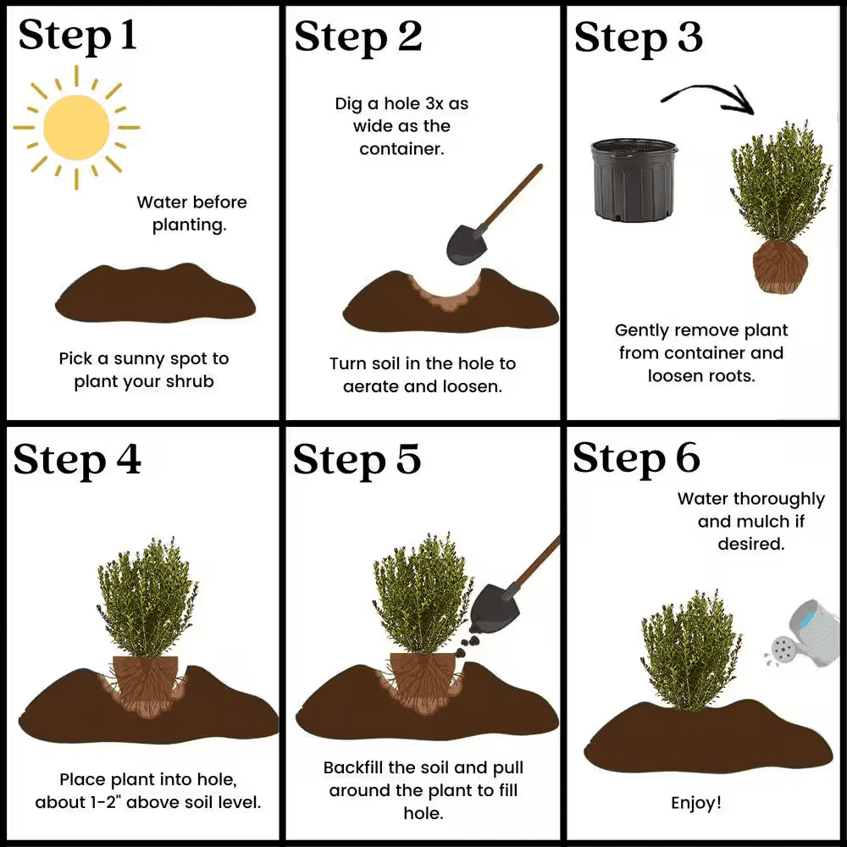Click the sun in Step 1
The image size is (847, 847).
click(x=75, y=127)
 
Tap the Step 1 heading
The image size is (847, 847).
click(x=77, y=36)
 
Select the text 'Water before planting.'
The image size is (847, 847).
click(x=191, y=213)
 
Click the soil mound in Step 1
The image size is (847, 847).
click(x=155, y=293)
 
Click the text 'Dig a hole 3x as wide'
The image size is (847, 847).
click(x=401, y=115)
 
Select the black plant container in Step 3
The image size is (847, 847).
click(x=634, y=180)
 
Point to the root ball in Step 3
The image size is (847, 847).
click(x=780, y=266)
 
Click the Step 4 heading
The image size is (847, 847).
click(x=77, y=459)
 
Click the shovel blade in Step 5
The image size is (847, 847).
click(x=494, y=606)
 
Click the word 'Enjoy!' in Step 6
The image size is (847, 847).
click(x=696, y=802)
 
